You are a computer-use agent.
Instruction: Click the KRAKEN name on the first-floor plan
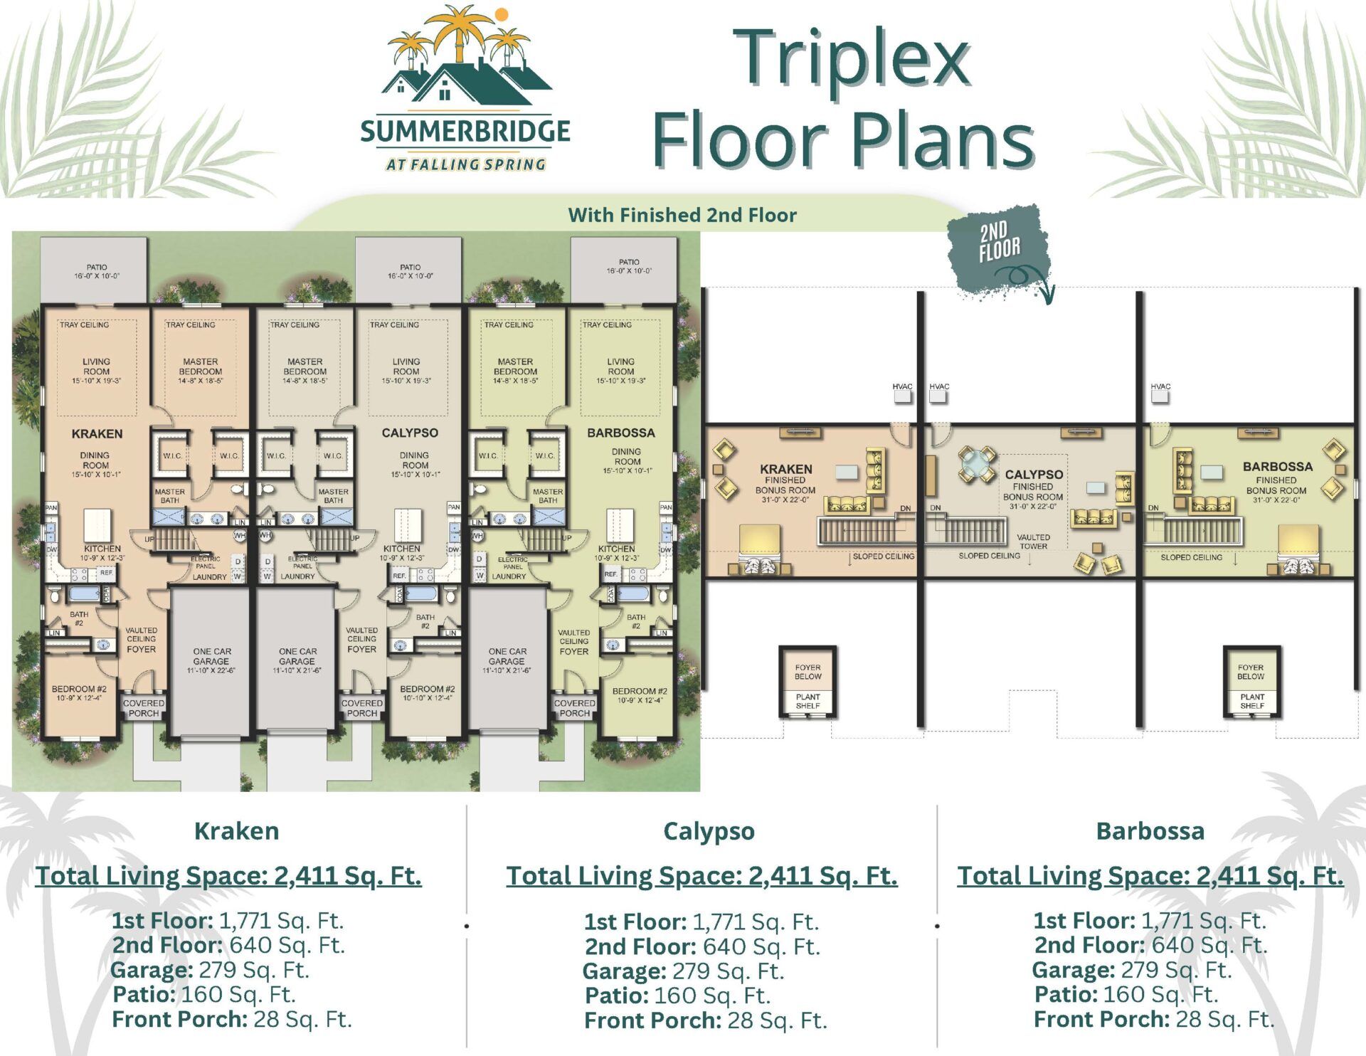coord(97,433)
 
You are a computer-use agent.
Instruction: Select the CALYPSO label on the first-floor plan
coord(410,433)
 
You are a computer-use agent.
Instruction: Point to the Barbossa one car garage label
coord(507,660)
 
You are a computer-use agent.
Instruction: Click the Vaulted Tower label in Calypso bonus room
coord(1033,542)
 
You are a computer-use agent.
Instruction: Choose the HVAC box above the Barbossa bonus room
coord(1160,396)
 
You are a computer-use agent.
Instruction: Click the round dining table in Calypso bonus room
coord(977,465)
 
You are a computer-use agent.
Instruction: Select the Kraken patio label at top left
coord(97,271)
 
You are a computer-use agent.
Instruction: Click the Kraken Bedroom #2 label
coord(79,693)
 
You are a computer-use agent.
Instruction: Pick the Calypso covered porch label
coord(362,707)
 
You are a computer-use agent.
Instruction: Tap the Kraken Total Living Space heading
coord(228,875)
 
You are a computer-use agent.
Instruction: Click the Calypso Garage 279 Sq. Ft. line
coord(682,971)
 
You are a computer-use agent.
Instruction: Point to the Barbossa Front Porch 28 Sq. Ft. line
coord(1153,1019)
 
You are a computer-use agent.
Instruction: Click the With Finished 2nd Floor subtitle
coord(682,215)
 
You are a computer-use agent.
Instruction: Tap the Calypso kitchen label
coord(402,552)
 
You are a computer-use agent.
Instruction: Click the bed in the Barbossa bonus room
coord(1300,549)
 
